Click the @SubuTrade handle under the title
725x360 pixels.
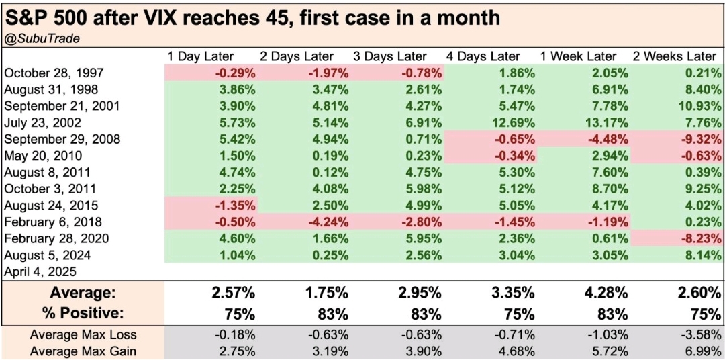[42, 38]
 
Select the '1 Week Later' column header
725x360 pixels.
[585, 56]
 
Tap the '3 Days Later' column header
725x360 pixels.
[397, 56]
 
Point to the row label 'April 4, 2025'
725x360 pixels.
[40, 272]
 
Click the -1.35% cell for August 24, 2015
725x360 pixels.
[232, 206]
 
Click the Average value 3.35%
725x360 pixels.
[512, 293]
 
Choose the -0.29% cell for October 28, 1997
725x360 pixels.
[232, 73]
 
